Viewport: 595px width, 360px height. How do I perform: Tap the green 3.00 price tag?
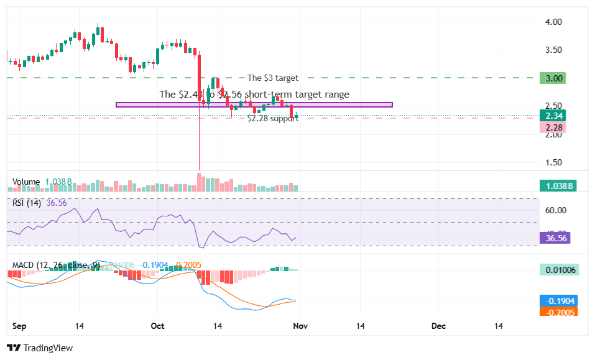click(x=554, y=78)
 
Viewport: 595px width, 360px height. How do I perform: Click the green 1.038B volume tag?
click(x=558, y=185)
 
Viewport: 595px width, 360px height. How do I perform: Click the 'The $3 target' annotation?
click(x=272, y=78)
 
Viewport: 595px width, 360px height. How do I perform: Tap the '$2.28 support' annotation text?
click(x=272, y=118)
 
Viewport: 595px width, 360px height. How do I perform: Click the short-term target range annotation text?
click(x=254, y=95)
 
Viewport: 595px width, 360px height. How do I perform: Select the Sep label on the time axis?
click(x=19, y=325)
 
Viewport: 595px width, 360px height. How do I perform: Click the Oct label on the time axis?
click(x=157, y=325)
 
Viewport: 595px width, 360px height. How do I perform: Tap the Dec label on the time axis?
click(x=439, y=325)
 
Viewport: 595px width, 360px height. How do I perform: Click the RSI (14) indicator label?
click(x=27, y=203)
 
